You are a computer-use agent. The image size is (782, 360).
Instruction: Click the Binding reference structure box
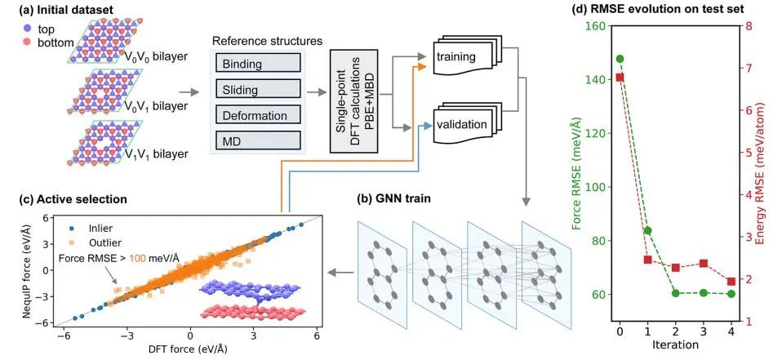pyautogui.click(x=257, y=63)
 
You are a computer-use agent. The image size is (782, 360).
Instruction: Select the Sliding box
pyautogui.click(x=257, y=89)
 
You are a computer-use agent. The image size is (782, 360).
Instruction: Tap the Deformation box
pyautogui.click(x=257, y=115)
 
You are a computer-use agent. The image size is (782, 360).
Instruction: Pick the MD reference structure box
pyautogui.click(x=257, y=141)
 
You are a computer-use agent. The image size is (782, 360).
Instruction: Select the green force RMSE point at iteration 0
pyautogui.click(x=620, y=59)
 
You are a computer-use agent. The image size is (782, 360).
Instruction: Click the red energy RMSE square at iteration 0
pyautogui.click(x=620, y=78)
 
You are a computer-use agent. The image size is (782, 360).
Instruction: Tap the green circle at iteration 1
pyautogui.click(x=648, y=231)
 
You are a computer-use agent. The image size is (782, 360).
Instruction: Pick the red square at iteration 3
pyautogui.click(x=704, y=264)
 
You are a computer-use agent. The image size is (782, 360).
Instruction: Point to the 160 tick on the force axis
pyautogui.click(x=598, y=26)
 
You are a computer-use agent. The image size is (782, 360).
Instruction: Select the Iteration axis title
pyautogui.click(x=675, y=346)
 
